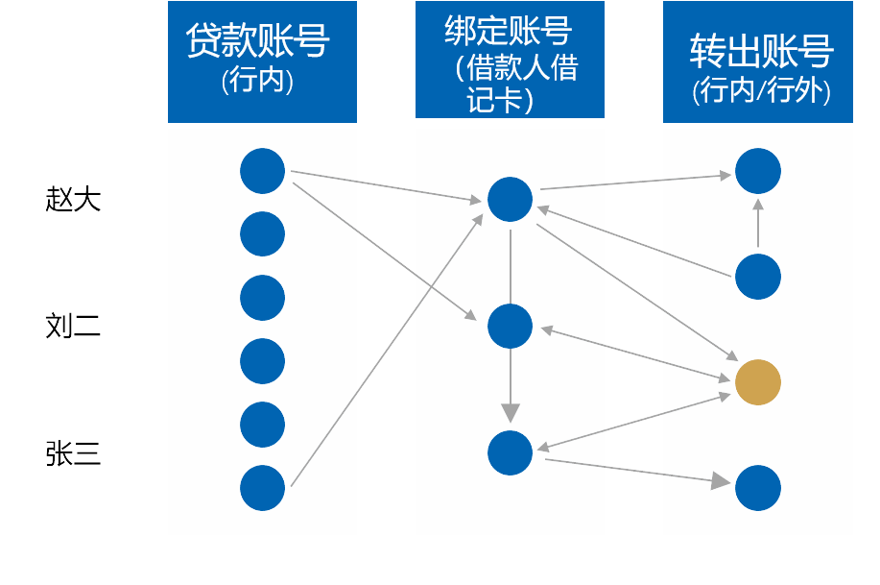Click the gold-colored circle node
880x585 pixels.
coord(758,382)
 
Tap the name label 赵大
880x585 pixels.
coord(73,199)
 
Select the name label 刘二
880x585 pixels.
coord(73,326)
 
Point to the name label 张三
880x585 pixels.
coord(73,453)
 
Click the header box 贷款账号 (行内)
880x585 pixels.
coord(262,61)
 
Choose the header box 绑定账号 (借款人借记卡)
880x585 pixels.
coord(510,60)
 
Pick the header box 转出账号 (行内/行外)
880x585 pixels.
coord(758,61)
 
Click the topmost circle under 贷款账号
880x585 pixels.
coord(262,171)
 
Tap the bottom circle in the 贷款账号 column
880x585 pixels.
coord(262,488)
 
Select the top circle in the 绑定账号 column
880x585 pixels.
coord(510,199)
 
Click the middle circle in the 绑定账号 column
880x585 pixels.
coord(510,326)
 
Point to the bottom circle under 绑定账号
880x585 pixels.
coord(510,453)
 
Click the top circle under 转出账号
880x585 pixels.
coord(758,171)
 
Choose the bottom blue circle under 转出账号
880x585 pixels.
coord(758,488)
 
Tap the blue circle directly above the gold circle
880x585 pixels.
coord(758,277)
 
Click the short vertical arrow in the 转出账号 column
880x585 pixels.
coord(758,223)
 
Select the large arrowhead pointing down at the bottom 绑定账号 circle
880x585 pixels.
coord(511,412)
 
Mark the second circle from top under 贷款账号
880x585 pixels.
coord(262,233)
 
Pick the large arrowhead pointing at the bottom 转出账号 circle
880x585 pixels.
coord(721,481)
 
